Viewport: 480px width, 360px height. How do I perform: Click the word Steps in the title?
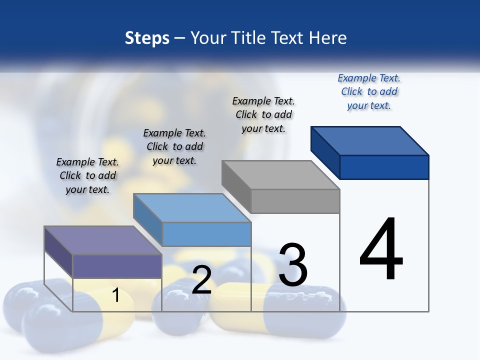[x=147, y=38]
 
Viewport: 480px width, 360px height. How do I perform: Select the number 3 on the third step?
[x=293, y=265]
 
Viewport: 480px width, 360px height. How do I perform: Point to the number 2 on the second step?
[x=201, y=280]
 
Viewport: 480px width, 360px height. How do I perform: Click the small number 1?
[x=116, y=295]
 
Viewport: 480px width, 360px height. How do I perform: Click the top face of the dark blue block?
[x=370, y=140]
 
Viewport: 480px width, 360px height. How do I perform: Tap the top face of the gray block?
[x=281, y=175]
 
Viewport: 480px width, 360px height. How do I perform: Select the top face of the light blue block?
[x=192, y=208]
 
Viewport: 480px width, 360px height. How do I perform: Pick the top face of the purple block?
[x=103, y=240]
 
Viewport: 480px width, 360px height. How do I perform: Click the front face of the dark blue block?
[x=384, y=167]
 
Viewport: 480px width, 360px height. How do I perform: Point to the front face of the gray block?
[x=295, y=201]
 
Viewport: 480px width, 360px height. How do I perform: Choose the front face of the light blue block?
[x=206, y=234]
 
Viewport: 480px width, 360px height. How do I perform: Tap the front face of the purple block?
[x=117, y=266]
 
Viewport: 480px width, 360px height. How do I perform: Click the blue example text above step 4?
[x=369, y=92]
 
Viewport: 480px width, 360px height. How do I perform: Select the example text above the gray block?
[x=263, y=115]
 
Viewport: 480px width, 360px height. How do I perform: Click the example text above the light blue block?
[x=174, y=146]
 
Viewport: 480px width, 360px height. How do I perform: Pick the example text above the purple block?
[x=87, y=175]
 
